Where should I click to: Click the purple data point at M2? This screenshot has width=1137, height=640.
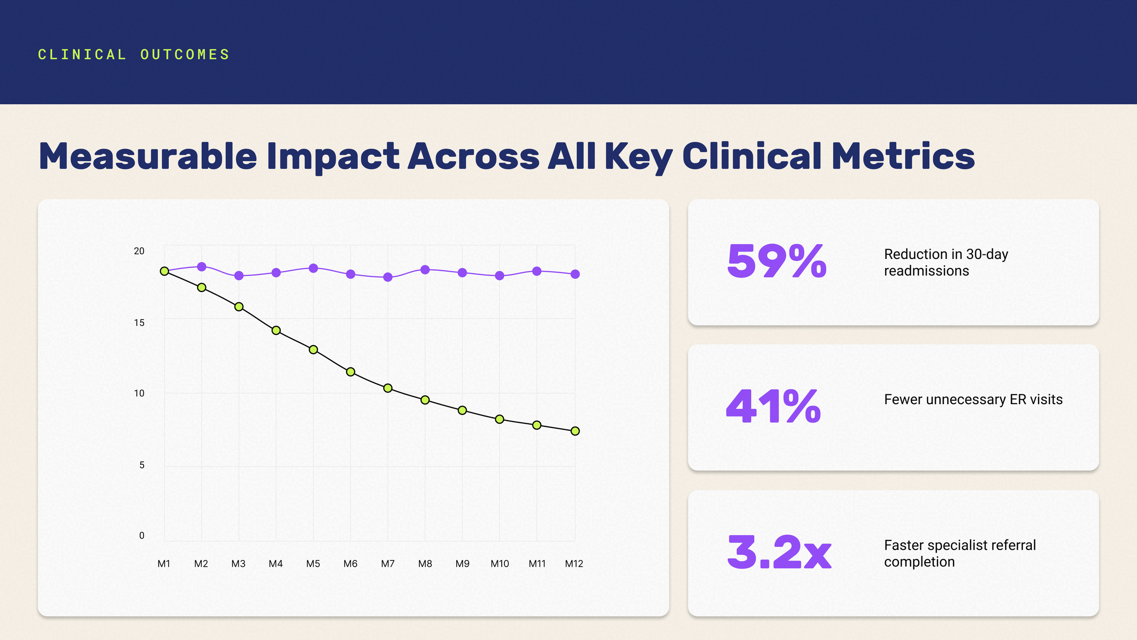pos(201,267)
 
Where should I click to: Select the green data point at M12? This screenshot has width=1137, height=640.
pos(575,431)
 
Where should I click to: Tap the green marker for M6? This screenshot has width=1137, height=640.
pos(351,372)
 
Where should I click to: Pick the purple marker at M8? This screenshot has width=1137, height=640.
pos(425,270)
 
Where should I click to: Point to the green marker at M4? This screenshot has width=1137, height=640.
pos(276,330)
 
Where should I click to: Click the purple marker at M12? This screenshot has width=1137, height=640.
pos(575,274)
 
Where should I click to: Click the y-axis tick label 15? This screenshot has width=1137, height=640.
pos(139,323)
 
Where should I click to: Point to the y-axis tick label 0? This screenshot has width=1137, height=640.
pos(142,536)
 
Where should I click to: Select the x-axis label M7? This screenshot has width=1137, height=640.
pos(388,564)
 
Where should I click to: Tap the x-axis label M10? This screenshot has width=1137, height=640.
pos(500,564)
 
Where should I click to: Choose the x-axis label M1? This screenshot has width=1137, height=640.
pos(164,564)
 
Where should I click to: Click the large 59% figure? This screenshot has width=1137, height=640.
pos(777,261)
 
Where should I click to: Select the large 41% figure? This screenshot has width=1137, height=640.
pos(774,406)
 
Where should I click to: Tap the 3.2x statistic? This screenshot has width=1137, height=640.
pos(780,552)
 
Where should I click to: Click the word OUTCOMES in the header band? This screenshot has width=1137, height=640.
pos(185,55)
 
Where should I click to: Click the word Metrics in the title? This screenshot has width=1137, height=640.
pos(903,156)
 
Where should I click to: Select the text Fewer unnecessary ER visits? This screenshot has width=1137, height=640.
pos(973,399)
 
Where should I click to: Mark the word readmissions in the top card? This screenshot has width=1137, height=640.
pos(926,271)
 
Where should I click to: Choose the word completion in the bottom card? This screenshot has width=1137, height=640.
pos(919,562)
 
